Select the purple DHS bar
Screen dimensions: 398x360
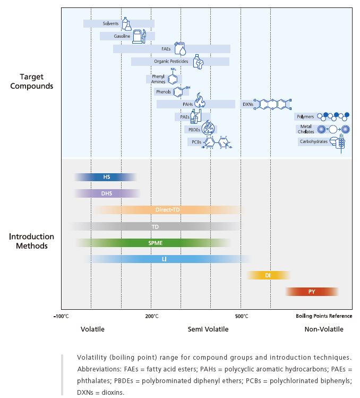coord(107,193)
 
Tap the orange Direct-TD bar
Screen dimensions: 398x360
coord(167,210)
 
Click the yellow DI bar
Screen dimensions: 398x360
coord(268,275)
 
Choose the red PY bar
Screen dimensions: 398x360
coord(312,292)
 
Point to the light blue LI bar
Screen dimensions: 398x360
coord(165,259)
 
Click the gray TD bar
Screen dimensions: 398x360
coord(155,226)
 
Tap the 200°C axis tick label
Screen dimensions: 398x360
coord(151,317)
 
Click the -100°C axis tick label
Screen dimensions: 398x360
coord(61,317)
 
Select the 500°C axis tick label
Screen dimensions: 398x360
coord(242,317)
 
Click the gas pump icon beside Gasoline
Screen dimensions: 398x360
coord(139,36)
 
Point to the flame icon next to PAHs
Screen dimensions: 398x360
coord(200,100)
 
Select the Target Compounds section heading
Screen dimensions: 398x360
coord(32,81)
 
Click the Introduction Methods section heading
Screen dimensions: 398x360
coord(32,241)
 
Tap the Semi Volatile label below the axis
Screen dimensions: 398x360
coord(208,329)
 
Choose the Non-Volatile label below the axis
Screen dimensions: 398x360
coord(323,329)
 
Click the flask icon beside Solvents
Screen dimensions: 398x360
coord(126,23)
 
